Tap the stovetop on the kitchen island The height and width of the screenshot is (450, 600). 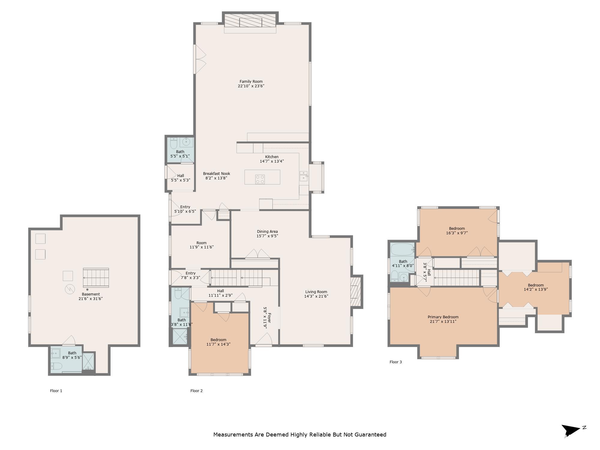(260, 179)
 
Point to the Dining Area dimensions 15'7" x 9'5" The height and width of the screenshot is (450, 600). (267, 236)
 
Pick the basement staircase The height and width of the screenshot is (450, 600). (96, 277)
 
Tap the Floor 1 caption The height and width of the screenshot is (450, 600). (56, 391)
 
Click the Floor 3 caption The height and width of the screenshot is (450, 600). (396, 362)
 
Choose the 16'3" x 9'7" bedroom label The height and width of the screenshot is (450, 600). (457, 230)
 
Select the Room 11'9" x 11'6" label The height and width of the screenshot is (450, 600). (202, 245)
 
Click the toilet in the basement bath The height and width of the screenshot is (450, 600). (57, 366)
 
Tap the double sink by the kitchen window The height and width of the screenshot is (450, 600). (304, 176)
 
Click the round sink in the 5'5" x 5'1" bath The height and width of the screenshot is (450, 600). (187, 141)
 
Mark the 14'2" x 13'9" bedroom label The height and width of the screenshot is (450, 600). (536, 287)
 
